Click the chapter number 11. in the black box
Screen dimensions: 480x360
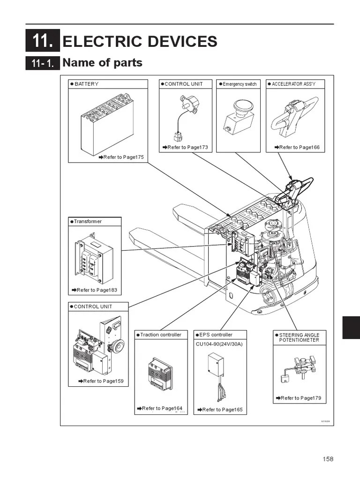tap(43, 41)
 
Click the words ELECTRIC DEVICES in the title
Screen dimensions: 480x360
tap(140, 41)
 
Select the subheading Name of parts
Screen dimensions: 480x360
tap(102, 62)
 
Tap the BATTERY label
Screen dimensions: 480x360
tap(86, 84)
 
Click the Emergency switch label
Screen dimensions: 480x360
tap(240, 84)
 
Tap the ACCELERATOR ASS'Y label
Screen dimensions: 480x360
tap(293, 84)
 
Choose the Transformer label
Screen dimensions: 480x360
tap(88, 221)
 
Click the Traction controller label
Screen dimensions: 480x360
tap(160, 335)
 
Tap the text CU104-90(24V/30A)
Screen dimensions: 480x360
tap(219, 344)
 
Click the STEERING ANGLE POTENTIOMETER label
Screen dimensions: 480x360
tap(299, 337)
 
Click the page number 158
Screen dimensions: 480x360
tap(328, 459)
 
